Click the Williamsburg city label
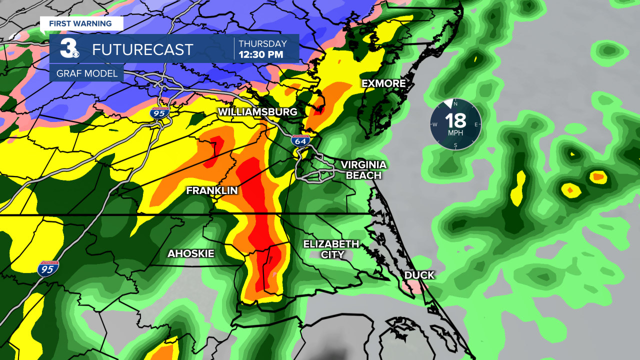tap(257, 112)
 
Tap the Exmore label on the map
tap(383, 83)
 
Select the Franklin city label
tap(211, 190)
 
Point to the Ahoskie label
tap(190, 254)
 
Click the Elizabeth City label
tap(331, 249)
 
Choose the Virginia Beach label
tap(363, 170)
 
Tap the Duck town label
tap(419, 275)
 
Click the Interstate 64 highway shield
tap(300, 141)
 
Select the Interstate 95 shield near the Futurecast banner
tap(159, 113)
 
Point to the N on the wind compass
tap(455, 103)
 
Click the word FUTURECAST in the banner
tap(142, 49)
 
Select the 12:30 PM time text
tap(261, 54)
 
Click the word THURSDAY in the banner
tap(263, 43)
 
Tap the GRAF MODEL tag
tap(86, 74)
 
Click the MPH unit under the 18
tap(455, 133)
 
